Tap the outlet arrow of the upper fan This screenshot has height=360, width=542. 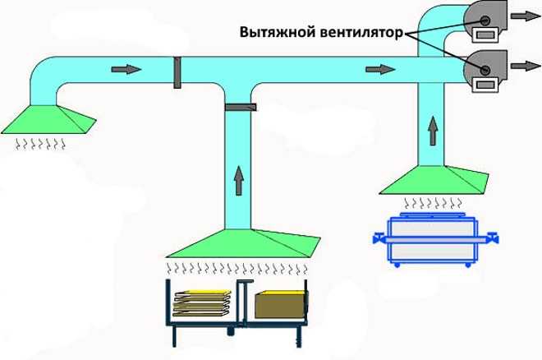[519, 16]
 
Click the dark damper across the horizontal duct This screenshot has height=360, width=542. [177, 72]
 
